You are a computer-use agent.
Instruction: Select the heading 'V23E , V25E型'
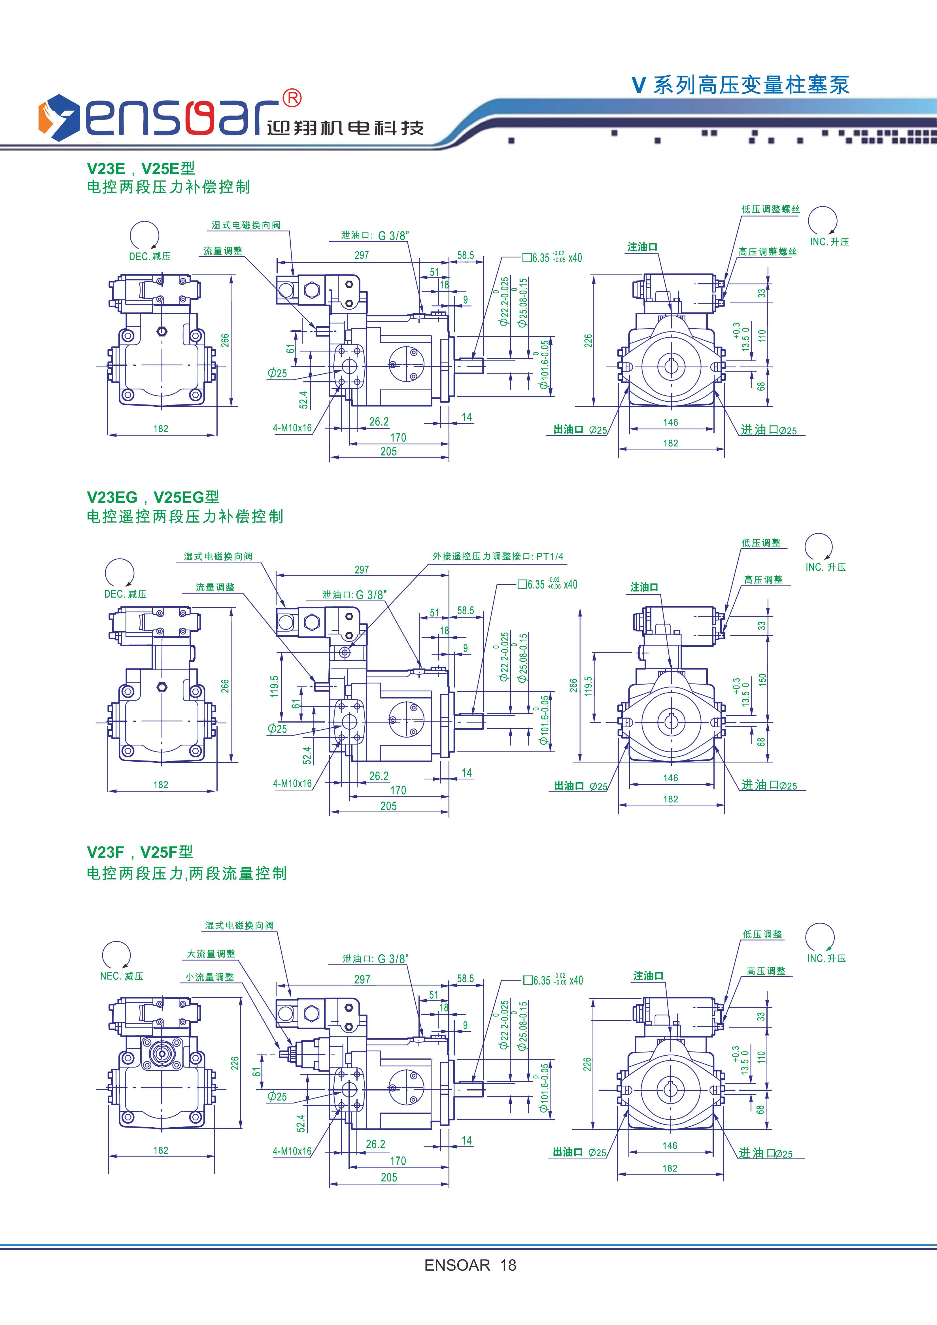tap(141, 169)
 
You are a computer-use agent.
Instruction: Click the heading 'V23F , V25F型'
tap(140, 852)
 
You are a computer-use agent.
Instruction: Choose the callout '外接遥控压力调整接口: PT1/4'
tap(498, 556)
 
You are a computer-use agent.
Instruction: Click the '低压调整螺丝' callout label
tap(770, 209)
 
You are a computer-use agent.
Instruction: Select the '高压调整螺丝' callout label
tap(767, 252)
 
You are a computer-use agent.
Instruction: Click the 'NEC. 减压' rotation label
tap(121, 976)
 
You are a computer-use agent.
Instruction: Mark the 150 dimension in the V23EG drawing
tap(762, 680)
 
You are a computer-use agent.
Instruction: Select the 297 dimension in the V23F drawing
tap(362, 979)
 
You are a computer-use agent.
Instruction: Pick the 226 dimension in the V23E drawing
tap(588, 341)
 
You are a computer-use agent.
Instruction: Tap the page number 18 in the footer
tap(508, 1266)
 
